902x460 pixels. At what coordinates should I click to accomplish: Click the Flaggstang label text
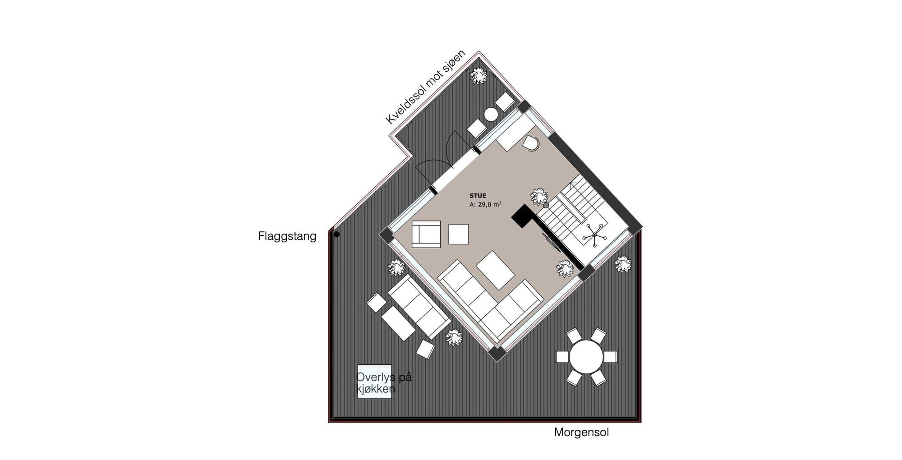point(287,236)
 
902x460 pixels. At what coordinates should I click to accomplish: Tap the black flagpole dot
point(336,234)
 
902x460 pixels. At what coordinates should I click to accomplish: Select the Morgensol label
point(581,432)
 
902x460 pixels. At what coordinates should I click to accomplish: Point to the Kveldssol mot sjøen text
point(426,87)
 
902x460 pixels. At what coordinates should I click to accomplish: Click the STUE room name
point(478,196)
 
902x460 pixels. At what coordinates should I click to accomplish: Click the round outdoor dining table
point(586,357)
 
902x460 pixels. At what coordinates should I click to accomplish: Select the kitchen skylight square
point(374,382)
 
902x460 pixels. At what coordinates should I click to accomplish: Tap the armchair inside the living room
point(426,234)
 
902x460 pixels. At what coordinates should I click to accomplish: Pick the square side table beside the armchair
point(459,234)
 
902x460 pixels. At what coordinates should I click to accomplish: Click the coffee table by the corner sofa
point(496,271)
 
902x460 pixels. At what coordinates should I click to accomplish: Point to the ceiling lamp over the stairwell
point(594,235)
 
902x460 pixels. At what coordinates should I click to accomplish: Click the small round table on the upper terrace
point(491,115)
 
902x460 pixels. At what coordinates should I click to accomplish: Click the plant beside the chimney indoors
point(539,197)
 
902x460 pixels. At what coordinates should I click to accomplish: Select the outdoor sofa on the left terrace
point(419,307)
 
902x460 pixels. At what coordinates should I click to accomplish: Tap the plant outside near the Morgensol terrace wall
point(623,264)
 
